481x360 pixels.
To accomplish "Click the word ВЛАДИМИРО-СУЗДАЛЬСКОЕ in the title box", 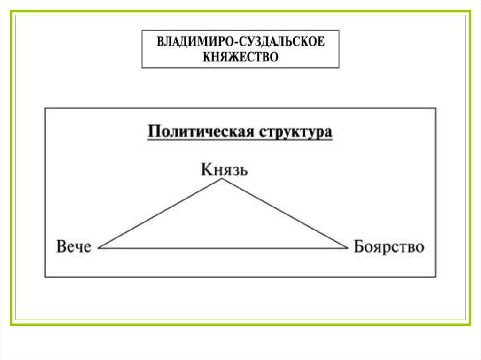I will coord(240,41).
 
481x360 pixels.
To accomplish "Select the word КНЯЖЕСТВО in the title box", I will coord(240,57).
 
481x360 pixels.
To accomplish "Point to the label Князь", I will coord(224,169).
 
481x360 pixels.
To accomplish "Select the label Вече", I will coord(74,247).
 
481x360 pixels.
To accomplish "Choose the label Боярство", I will coord(388,247).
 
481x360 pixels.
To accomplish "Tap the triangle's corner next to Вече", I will coord(99,247).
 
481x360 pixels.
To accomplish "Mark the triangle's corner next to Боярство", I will coord(346,247).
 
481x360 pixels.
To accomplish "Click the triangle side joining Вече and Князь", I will coord(161,214).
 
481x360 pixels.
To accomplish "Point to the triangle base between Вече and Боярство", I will coord(223,248).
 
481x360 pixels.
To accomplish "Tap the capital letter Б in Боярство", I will coord(358,247).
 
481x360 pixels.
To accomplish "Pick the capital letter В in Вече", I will coord(61,247).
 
